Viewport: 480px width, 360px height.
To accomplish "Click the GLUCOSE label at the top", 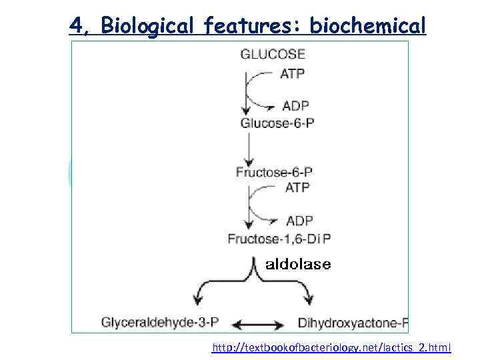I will click(x=272, y=54).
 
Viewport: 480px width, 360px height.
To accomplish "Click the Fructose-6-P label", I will click(x=274, y=172).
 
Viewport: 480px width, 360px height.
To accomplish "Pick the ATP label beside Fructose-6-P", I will click(x=297, y=188).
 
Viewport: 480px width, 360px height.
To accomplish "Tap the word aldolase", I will click(x=298, y=265).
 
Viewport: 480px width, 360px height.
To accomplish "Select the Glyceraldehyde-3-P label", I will click(x=159, y=323).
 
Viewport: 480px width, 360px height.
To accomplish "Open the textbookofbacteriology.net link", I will click(x=331, y=347).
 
